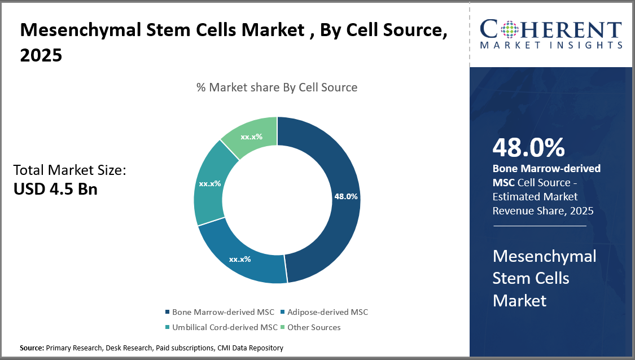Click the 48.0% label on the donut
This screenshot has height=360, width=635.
(346, 196)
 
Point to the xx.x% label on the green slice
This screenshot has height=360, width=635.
(252, 137)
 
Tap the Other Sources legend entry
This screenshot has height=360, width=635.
(314, 327)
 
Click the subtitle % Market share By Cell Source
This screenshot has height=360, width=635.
(277, 87)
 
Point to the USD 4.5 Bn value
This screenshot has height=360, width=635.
(55, 188)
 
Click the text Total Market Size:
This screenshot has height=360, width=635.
(69, 170)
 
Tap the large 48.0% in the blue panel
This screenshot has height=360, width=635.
(528, 147)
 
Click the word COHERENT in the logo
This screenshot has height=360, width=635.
(551, 29)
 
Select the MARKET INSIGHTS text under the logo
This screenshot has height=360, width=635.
(551, 45)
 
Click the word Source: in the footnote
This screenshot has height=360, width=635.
(32, 348)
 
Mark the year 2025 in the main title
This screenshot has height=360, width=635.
(41, 56)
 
